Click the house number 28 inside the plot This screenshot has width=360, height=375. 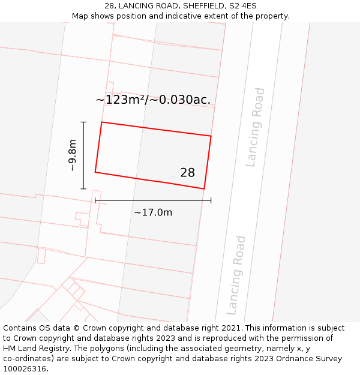point(187,173)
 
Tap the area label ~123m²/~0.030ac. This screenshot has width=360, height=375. point(153,100)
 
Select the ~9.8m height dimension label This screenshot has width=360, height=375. point(72,155)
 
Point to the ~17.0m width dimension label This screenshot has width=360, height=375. point(153,212)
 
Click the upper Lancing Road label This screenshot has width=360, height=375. point(256,127)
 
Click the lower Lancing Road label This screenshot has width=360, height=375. point(236,275)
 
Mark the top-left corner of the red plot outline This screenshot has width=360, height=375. point(101,122)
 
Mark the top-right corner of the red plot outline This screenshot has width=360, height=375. point(211,136)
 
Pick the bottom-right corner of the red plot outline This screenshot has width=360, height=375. point(205,189)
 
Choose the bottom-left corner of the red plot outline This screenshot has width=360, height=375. point(95,173)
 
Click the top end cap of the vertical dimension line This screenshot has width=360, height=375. point(83,122)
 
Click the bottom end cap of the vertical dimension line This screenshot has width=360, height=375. point(83,189)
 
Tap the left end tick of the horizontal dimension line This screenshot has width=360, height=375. point(95,200)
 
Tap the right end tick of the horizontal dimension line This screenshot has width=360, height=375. point(211,200)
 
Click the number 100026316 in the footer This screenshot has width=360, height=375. point(25,369)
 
